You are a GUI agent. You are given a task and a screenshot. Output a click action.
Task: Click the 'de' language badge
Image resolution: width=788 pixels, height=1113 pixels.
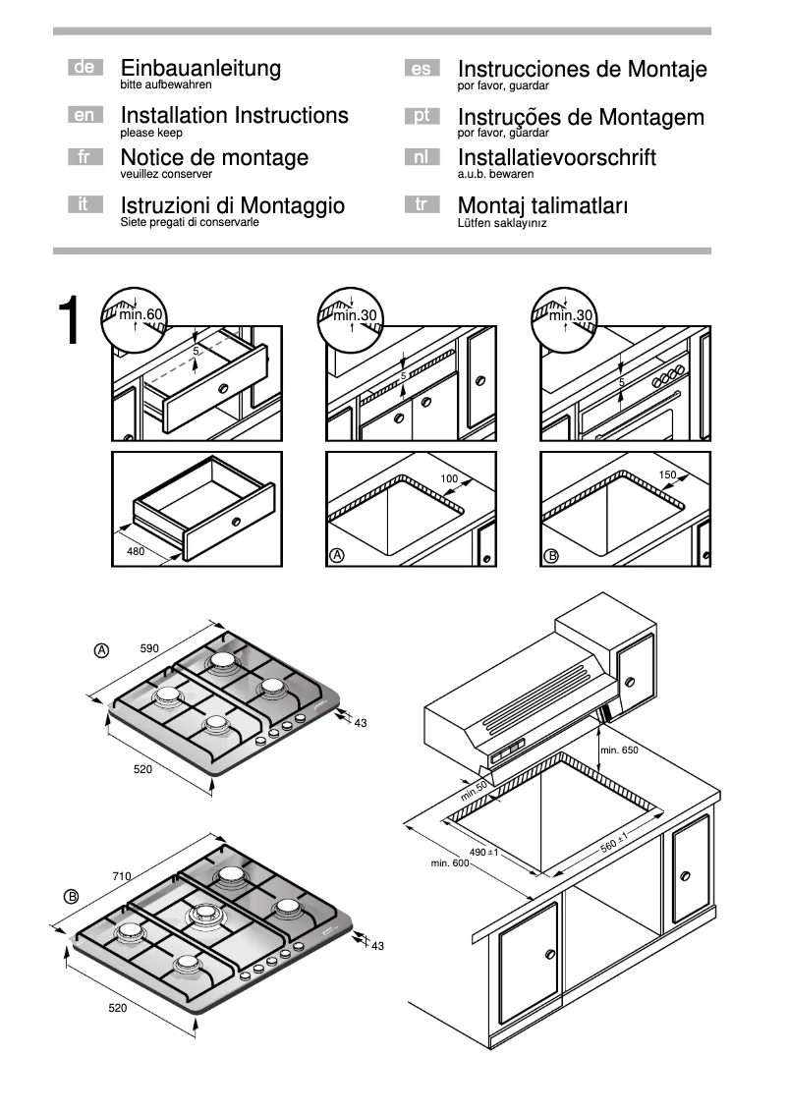pos(84,68)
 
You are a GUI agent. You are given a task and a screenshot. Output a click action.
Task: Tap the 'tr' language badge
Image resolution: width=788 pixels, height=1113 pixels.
pos(422,205)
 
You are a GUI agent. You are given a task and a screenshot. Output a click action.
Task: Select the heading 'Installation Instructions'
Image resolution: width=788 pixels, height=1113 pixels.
pos(234,116)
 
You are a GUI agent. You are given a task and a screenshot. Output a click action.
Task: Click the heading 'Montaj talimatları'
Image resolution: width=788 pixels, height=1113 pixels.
pos(542,206)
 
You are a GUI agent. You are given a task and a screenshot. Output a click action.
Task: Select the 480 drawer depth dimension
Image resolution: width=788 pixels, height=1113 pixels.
pos(136,552)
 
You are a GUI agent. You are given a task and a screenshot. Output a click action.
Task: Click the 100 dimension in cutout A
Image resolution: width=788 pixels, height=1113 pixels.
pos(449,478)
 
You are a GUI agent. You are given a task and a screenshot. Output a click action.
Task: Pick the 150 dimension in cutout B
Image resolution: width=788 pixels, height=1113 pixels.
pos(667,475)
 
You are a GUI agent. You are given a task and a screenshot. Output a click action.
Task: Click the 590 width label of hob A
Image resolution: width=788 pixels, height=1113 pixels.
pos(149,649)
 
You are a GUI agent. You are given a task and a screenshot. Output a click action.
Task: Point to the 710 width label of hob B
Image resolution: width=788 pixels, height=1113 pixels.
pos(122,875)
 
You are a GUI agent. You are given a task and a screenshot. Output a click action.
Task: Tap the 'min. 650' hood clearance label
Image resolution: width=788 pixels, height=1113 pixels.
pos(619,751)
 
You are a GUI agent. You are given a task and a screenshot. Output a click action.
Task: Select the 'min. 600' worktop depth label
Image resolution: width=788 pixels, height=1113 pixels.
pos(450,863)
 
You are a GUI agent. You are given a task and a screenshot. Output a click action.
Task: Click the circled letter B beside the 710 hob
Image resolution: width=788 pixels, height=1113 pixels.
pos(71,896)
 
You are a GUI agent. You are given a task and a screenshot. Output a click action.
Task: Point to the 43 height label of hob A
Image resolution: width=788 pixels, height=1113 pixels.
pos(360,723)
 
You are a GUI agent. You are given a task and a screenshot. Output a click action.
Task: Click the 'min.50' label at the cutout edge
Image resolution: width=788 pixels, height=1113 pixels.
pos(475,788)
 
